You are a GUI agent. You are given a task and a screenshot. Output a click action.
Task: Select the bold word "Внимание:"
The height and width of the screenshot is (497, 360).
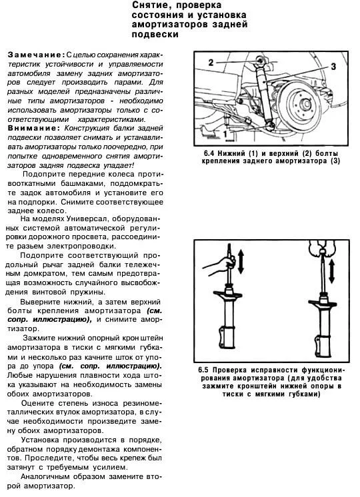coord(33,128)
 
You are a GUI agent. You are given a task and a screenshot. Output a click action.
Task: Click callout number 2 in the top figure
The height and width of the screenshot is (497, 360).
coord(211,63)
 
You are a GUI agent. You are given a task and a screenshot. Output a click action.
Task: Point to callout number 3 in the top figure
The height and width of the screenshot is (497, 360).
coord(333,67)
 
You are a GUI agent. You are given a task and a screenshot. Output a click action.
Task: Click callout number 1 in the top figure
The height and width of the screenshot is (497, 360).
coord(225,134)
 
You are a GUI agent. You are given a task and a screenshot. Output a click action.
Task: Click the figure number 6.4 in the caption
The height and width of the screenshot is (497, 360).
coord(209,153)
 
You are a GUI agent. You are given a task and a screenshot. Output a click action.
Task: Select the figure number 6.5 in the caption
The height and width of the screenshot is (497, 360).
coord(203,370)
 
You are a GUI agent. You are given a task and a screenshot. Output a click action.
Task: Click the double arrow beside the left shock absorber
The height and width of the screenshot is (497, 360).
coord(241,262)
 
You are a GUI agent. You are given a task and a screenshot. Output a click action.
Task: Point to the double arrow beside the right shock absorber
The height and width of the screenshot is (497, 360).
coord(331,272)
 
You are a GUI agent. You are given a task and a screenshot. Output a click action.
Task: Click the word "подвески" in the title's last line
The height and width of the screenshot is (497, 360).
coord(155,34)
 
